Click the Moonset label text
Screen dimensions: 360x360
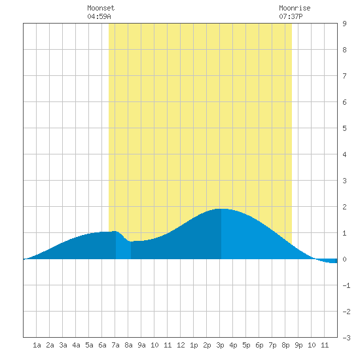click(x=101, y=8)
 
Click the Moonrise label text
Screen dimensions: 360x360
click(x=295, y=8)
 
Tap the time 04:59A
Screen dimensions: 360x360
click(x=99, y=16)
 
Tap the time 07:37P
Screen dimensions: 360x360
click(x=291, y=16)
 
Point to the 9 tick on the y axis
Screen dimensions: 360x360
click(x=344, y=24)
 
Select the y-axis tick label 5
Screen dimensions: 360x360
click(x=344, y=128)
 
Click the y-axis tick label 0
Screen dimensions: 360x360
click(x=344, y=259)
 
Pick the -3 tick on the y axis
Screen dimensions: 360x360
click(x=346, y=338)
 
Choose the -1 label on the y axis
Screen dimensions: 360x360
click(x=346, y=285)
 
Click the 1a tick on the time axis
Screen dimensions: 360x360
click(x=37, y=345)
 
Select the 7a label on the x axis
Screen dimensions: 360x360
click(x=115, y=345)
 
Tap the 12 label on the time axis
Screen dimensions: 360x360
click(x=181, y=345)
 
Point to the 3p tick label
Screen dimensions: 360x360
click(x=220, y=345)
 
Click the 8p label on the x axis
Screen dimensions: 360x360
click(x=285, y=345)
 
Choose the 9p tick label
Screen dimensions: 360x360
click(x=298, y=345)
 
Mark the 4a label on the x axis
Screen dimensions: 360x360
click(x=76, y=345)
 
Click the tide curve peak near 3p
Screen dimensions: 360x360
click(x=221, y=209)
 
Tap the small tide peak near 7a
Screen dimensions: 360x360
click(x=115, y=232)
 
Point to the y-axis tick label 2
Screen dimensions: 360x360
click(x=344, y=207)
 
